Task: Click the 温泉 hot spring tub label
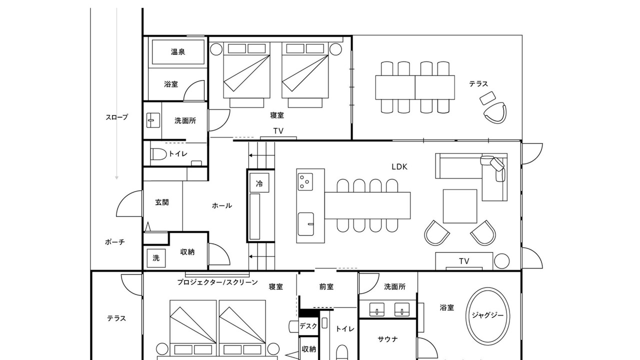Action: click(178, 51)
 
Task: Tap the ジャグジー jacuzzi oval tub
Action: click(487, 315)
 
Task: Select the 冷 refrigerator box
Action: click(259, 183)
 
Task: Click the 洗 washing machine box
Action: click(156, 258)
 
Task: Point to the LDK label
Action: click(399, 167)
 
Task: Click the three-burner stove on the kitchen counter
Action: click(305, 181)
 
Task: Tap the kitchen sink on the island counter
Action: click(305, 224)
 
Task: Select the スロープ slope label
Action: click(117, 117)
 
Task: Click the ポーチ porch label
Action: click(115, 242)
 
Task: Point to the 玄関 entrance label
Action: click(162, 202)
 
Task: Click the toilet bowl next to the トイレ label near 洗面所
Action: click(158, 154)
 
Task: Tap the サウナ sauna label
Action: click(387, 339)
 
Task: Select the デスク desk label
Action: click(308, 325)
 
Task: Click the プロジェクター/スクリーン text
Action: click(217, 282)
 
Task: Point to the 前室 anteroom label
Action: click(326, 286)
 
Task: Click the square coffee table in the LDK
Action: click(460, 206)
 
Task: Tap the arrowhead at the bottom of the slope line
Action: click(116, 177)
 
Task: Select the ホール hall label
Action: click(222, 205)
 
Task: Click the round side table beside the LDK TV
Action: click(501, 261)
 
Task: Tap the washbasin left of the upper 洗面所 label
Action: click(153, 120)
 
